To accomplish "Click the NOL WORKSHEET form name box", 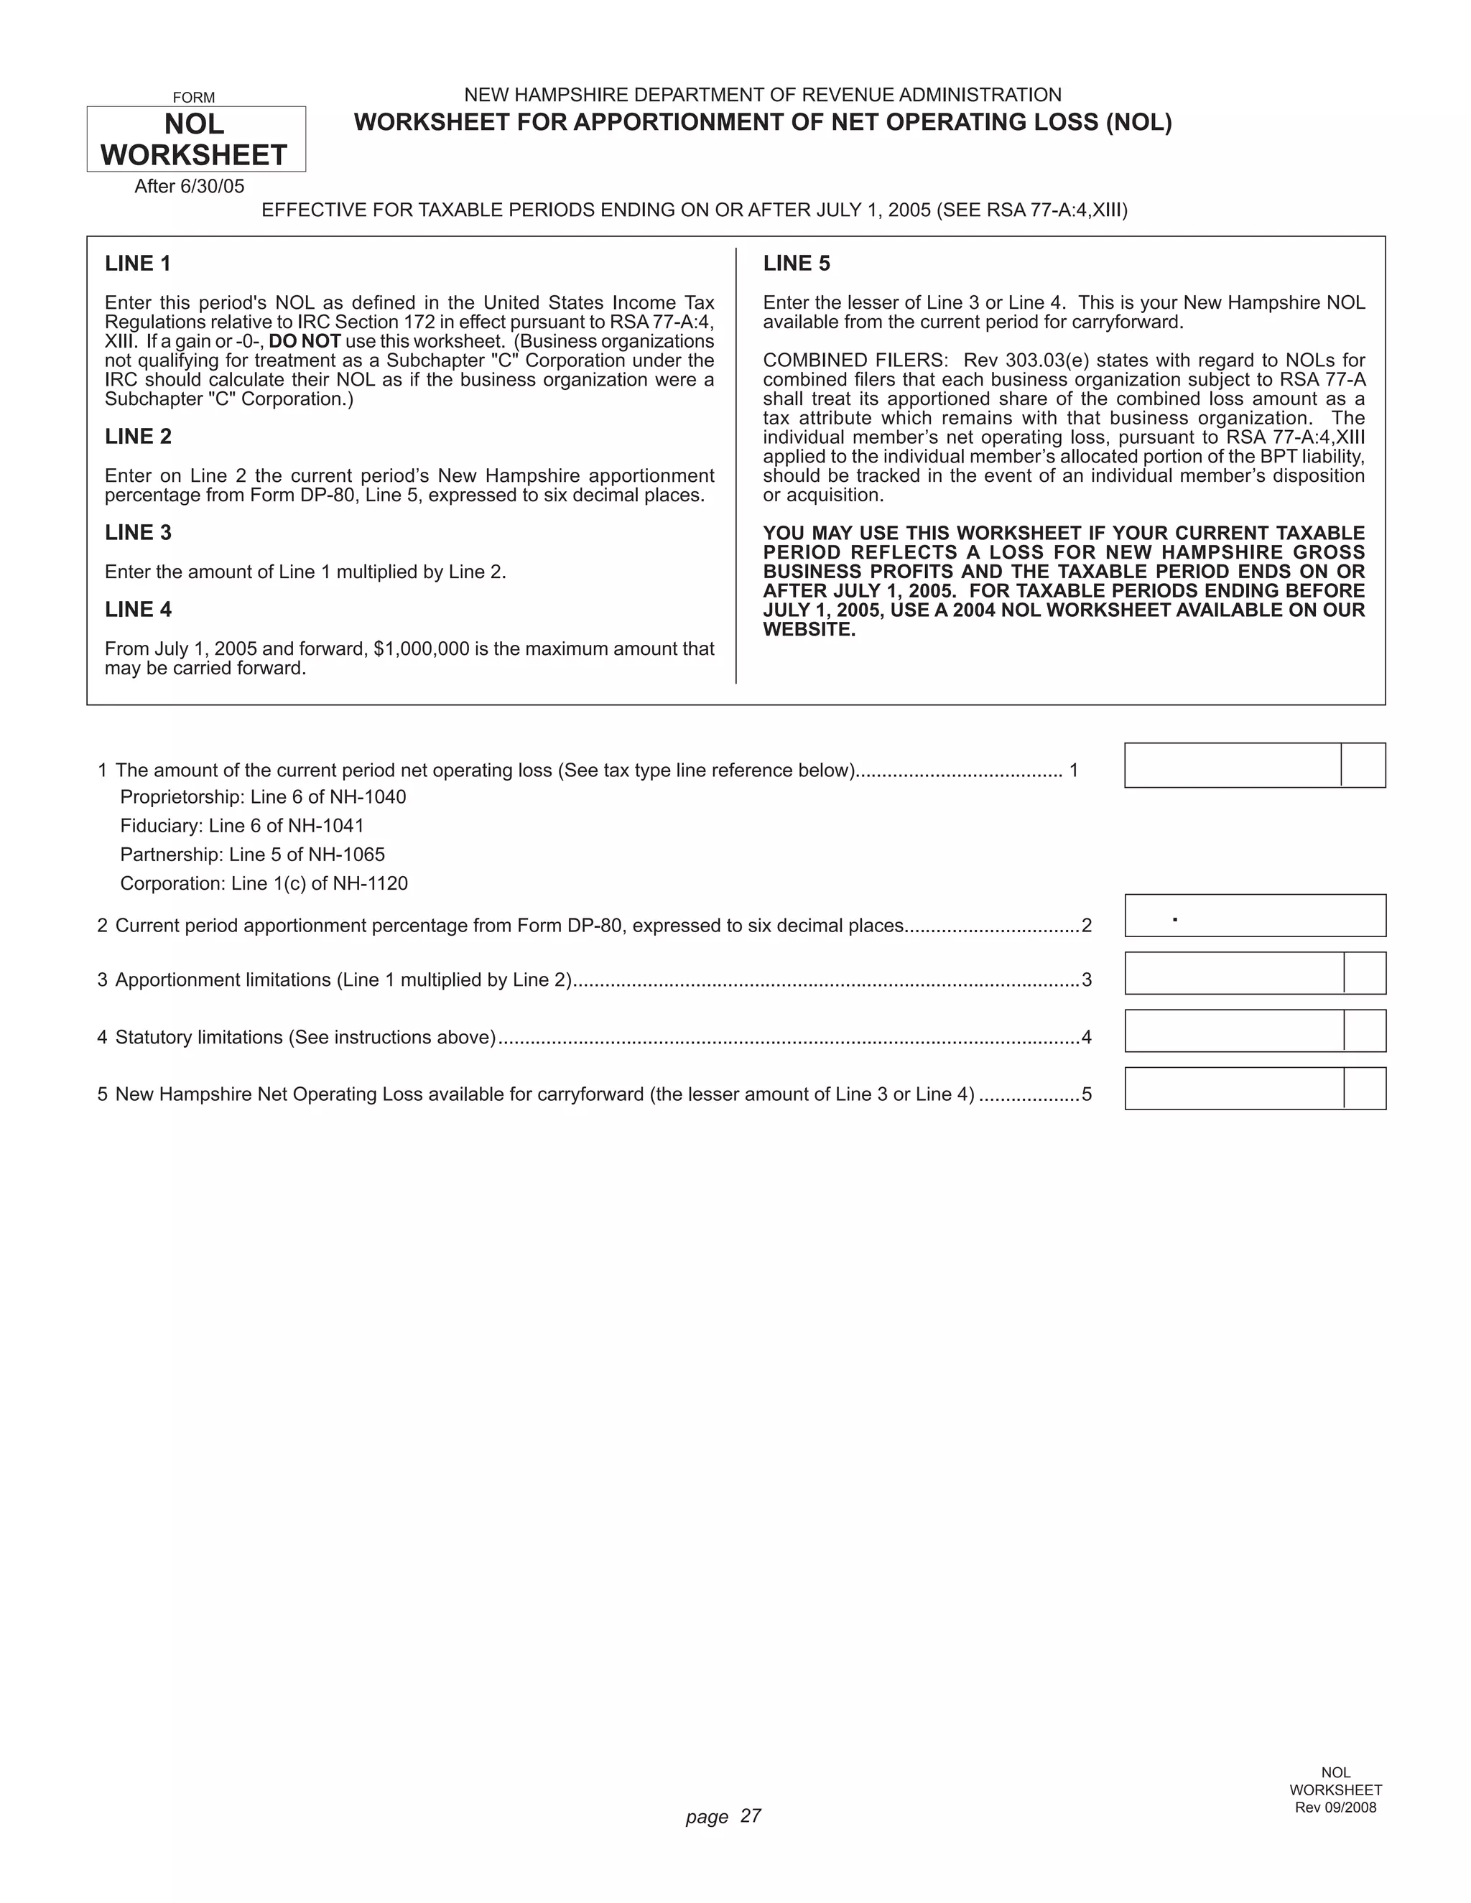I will point(195,139).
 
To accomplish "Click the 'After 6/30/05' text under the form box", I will point(189,187).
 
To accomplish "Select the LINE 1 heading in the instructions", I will point(138,263).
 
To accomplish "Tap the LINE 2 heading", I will point(138,437).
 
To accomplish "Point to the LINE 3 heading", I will point(138,532).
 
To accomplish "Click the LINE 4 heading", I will point(138,609).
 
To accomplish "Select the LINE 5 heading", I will point(797,263).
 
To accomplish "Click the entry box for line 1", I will point(1233,765).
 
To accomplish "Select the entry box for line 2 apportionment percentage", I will point(1255,916).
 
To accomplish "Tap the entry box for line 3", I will point(1234,973).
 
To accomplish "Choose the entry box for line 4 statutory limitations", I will point(1234,1030).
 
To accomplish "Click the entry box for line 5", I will point(1234,1088).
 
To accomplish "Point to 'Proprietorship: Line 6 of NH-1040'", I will point(262,797).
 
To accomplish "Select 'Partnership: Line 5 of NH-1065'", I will point(252,855).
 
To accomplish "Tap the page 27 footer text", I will point(723,1817).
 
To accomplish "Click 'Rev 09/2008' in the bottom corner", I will point(1335,1807).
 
